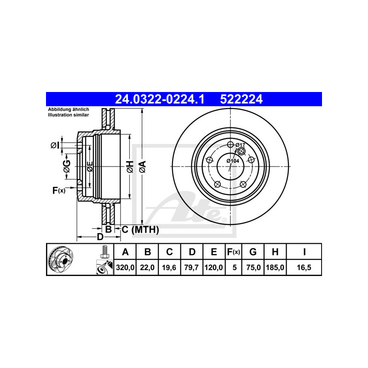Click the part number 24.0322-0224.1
coord(160,99)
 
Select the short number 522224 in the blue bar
coord(241,99)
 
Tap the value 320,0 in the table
coord(125,267)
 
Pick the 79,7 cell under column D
coord(191,267)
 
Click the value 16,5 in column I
coord(304,267)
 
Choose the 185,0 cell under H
coord(275,267)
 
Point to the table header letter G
coord(253,252)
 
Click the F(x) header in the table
coord(234,252)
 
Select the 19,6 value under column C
coord(169,267)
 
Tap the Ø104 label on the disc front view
coord(233,161)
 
